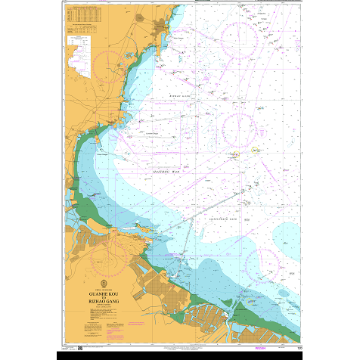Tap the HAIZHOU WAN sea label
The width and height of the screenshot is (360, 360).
tap(168, 173)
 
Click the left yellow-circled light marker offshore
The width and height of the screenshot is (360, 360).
tap(235, 154)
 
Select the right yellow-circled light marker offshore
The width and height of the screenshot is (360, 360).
tap(256, 149)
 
